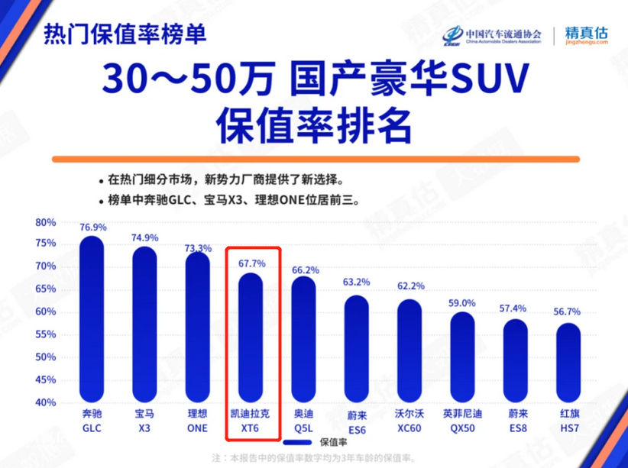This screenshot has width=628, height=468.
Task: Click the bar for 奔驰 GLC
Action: [x=92, y=321]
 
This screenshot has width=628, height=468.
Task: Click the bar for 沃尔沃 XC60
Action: [x=409, y=351]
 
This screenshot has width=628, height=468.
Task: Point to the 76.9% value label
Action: [x=92, y=228]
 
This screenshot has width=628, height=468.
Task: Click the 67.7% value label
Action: [x=252, y=263]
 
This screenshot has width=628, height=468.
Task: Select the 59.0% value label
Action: [x=462, y=303]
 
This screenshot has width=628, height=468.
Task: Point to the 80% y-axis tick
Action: [x=46, y=223]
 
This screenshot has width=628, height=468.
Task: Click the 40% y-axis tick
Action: [x=46, y=403]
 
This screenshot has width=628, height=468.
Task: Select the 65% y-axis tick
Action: [x=46, y=290]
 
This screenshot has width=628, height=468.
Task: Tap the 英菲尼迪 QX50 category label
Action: [x=462, y=421]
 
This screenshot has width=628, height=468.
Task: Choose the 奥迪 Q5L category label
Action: [x=303, y=421]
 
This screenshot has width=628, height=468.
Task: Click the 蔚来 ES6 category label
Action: [x=357, y=421]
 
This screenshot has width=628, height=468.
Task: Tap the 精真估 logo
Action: [x=586, y=35]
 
